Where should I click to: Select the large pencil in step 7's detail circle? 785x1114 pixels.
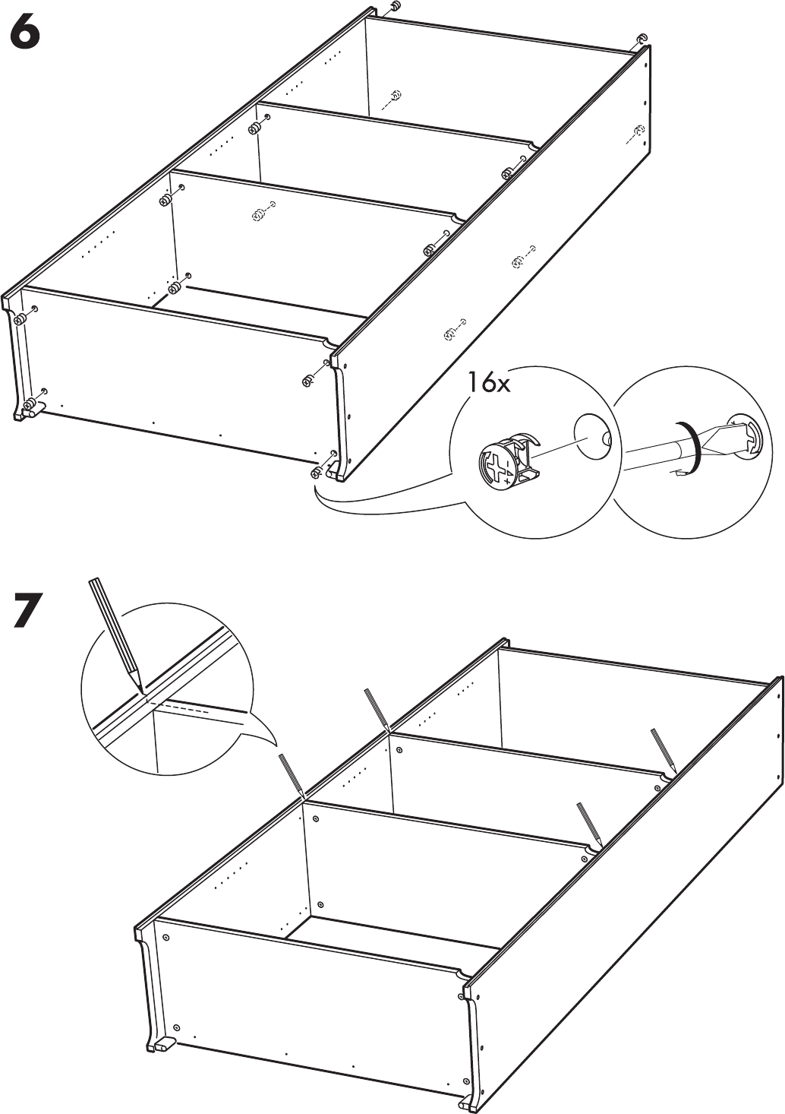tap(117, 636)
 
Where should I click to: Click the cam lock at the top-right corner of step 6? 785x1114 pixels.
tap(642, 38)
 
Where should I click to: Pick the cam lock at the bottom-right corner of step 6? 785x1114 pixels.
tap(316, 472)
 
